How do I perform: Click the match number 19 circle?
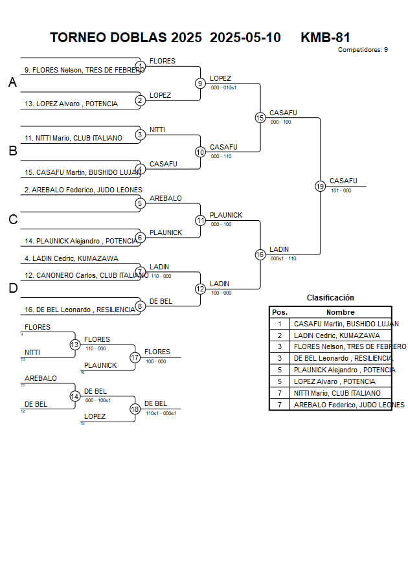pos(320,186)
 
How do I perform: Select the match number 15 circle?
pos(260,117)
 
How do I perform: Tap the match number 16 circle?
pos(260,255)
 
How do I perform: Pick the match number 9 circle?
pos(200,83)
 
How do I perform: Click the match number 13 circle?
pos(75,345)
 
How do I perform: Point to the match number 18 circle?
pos(135,409)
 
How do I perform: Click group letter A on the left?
pos(12,83)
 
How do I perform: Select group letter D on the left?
pos(12,289)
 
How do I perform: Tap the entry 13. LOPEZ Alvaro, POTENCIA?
pos(71,104)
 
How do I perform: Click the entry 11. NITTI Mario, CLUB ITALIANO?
pos(73,138)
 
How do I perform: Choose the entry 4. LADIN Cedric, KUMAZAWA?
pos(71,258)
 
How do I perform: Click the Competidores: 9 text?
pos(363,49)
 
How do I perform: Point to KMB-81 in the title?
pos(325,38)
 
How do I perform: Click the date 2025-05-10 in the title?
pos(245,38)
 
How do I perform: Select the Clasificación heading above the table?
pos(330,298)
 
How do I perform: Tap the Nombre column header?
pos(340,312)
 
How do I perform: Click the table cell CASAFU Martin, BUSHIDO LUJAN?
pos(346,324)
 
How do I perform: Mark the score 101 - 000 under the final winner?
pos(341,190)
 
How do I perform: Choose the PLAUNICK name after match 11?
pos(226,215)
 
